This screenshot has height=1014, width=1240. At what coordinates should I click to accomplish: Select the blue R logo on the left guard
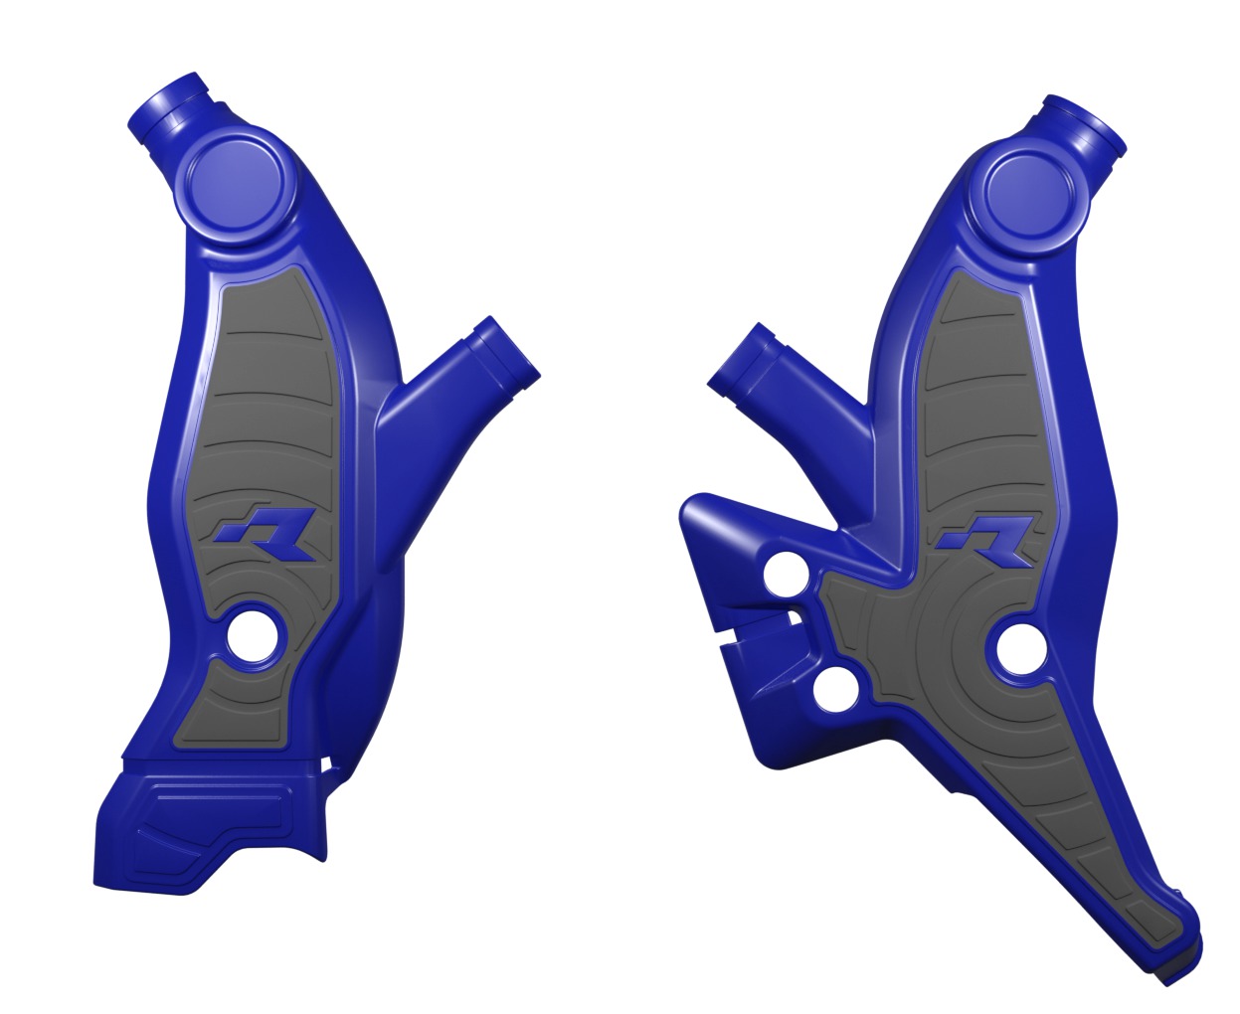(266, 534)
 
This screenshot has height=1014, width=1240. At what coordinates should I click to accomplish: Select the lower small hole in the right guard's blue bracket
(833, 693)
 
